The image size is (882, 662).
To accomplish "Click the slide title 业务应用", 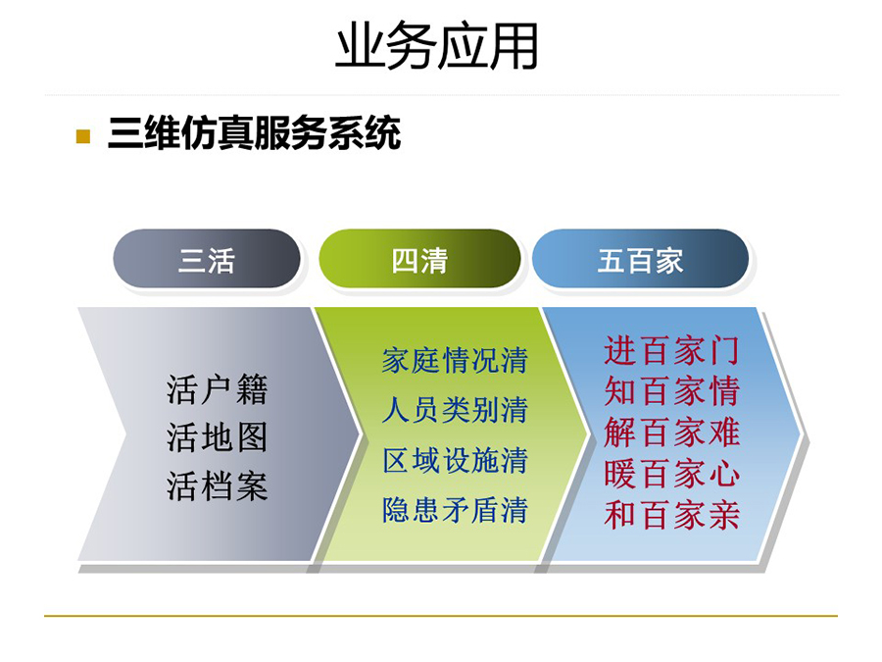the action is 436,46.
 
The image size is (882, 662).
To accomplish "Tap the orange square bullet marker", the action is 83,136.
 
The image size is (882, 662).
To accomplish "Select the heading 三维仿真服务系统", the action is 254,134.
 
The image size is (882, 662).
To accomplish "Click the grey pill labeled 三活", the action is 207,259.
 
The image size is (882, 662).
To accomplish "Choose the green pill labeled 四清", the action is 419,259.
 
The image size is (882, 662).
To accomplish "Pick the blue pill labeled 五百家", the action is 640,259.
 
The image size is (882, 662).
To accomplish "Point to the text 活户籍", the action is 217,389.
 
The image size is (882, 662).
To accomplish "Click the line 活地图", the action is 217,437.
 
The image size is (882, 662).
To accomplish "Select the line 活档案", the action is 217,486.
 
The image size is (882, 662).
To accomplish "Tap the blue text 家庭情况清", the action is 455,360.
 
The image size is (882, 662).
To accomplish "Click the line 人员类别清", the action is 455,410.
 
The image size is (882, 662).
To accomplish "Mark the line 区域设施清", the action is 455,461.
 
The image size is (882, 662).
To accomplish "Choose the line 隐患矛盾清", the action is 455,510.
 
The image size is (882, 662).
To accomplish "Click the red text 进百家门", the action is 671,350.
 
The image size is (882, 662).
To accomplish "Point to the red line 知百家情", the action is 671,391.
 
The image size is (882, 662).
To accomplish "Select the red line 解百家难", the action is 671,433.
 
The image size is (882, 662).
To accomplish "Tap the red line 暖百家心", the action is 671,474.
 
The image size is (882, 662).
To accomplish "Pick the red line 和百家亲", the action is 671,515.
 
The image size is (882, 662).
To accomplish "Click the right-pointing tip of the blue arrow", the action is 800,434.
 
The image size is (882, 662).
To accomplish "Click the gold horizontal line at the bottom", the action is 441,616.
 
